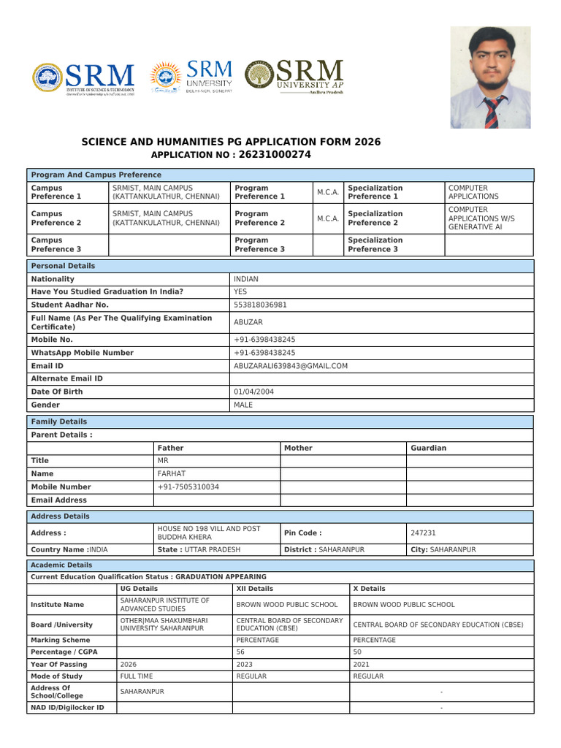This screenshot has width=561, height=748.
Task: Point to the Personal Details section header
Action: tap(63, 266)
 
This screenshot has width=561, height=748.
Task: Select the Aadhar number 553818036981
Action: tap(260, 305)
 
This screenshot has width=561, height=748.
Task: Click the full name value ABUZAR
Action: tap(248, 322)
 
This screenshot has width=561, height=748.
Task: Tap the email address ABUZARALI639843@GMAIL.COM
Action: tap(290, 366)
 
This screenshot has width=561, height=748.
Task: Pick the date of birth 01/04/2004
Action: tap(253, 392)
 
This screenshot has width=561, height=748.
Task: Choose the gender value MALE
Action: tap(243, 405)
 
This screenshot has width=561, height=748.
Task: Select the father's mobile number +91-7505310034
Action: tap(188, 487)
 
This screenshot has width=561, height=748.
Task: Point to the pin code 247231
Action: tap(424, 533)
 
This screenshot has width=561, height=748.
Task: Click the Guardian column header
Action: tap(429, 448)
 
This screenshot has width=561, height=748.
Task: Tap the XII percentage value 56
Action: tap(240, 652)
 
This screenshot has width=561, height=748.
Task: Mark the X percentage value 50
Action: tap(357, 652)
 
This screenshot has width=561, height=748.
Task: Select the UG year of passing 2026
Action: tap(129, 665)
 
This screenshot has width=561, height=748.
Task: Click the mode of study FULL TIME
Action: tap(137, 676)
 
